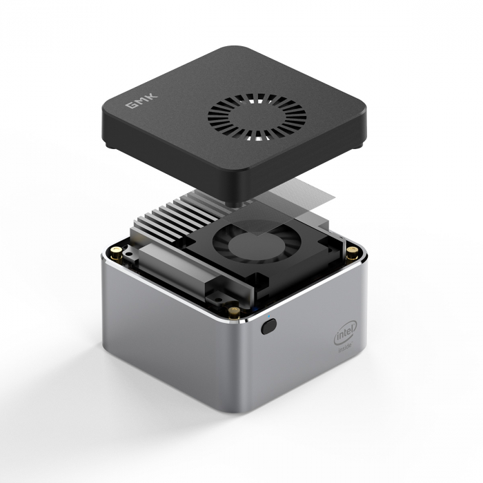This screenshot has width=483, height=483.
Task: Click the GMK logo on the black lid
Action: pos(142,101)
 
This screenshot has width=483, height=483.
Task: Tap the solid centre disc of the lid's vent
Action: pos(256,117)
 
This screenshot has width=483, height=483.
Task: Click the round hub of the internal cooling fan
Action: pos(249,245)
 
